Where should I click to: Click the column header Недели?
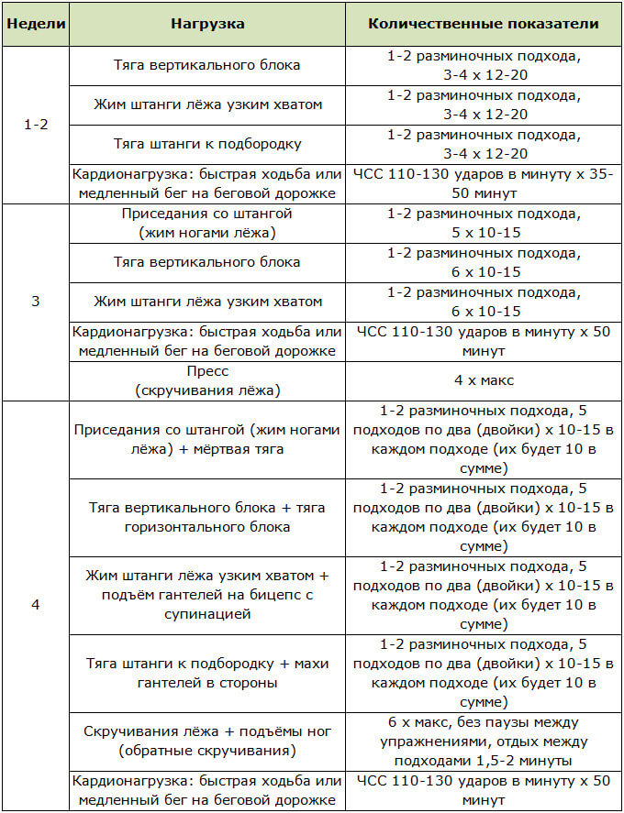tap(36, 24)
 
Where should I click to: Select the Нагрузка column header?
tap(206, 24)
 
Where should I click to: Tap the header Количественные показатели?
tap(483, 24)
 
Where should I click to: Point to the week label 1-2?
tap(36, 124)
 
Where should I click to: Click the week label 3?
tap(36, 301)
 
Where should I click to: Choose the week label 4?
tap(36, 605)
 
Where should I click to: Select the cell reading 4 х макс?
tap(483, 380)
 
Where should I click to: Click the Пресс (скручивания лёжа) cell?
tap(206, 380)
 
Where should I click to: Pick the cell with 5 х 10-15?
tap(483, 222)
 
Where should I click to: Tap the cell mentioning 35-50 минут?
tap(483, 185)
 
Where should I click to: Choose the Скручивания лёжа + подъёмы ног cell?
tap(206, 741)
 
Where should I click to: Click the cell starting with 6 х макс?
tap(483, 741)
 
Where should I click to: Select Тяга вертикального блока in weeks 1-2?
tap(206, 66)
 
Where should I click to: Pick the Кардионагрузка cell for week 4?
tap(206, 789)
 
